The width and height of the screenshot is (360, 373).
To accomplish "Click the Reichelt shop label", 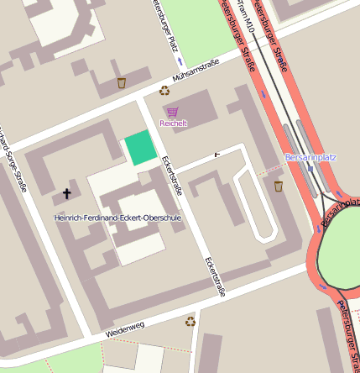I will point(173,123).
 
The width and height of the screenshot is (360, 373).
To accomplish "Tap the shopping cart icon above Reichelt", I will point(173,112).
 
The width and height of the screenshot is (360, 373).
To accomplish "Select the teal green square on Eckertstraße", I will point(141,149).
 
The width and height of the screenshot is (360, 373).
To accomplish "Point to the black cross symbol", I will point(66,194).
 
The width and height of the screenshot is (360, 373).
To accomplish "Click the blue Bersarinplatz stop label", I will point(310,157).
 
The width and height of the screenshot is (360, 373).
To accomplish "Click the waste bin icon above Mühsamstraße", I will point(122,82).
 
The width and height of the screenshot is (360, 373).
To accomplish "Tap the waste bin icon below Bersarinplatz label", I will point(279,186).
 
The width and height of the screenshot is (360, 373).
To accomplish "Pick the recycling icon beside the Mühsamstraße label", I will point(164,90).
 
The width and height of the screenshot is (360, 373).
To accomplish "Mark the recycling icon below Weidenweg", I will point(190,320).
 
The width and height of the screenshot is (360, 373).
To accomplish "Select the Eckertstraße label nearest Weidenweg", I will point(215,277).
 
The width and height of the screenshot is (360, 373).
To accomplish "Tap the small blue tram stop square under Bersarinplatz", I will point(311,168).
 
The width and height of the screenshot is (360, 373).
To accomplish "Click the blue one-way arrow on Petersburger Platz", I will point(178,61).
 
